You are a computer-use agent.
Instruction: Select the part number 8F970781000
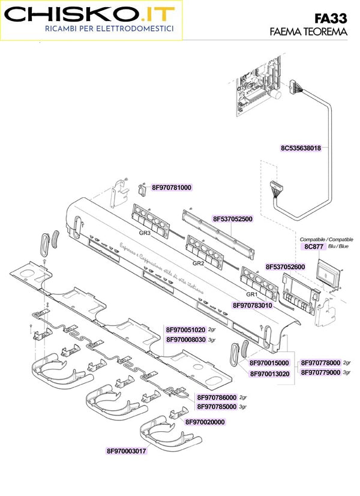click(x=172, y=188)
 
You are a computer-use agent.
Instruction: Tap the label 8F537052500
click(x=232, y=219)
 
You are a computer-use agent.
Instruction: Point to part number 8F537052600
click(x=285, y=266)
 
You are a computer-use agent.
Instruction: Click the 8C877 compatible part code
click(x=313, y=246)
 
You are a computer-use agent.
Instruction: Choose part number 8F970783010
click(x=253, y=305)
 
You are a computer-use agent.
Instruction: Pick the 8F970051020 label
click(x=186, y=330)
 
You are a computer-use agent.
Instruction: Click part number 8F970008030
click(x=186, y=339)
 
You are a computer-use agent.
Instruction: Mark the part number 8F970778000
click(x=321, y=363)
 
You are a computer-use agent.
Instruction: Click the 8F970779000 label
click(x=321, y=372)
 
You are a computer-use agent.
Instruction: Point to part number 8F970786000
click(x=217, y=397)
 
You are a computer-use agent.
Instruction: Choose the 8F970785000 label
click(x=217, y=406)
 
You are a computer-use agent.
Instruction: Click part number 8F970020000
click(x=205, y=422)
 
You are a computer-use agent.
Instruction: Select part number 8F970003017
click(x=127, y=450)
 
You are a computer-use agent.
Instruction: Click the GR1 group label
click(x=251, y=294)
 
